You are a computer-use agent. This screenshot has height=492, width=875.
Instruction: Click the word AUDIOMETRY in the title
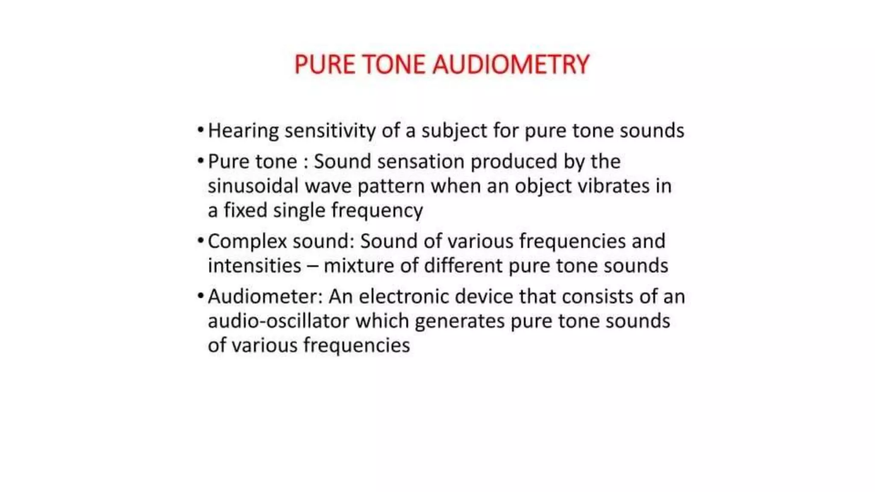pyautogui.click(x=511, y=65)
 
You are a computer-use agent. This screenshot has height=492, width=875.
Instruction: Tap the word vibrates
pyautogui.click(x=614, y=186)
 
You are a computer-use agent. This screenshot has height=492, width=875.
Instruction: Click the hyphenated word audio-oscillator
pyautogui.click(x=278, y=321)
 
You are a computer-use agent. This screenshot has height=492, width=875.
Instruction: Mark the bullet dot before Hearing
pyautogui.click(x=200, y=129)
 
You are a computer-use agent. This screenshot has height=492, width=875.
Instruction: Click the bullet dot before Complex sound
pyautogui.click(x=200, y=240)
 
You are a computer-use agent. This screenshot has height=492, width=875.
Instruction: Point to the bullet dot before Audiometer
pyautogui.click(x=200, y=295)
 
